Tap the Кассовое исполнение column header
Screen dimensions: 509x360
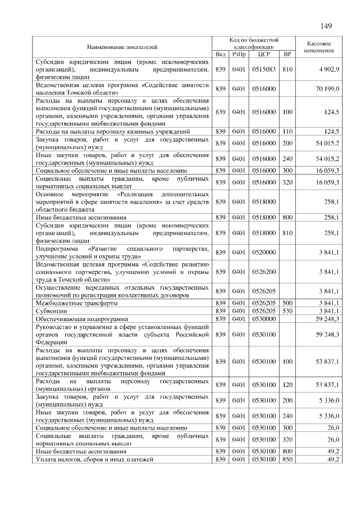[x=319, y=47]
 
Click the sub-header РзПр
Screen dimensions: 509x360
[x=238, y=54]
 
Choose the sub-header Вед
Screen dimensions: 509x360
[x=220, y=54]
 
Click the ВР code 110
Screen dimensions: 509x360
[x=288, y=130]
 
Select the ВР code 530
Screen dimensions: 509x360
[x=288, y=310]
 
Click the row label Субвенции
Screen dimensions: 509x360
[x=50, y=310]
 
